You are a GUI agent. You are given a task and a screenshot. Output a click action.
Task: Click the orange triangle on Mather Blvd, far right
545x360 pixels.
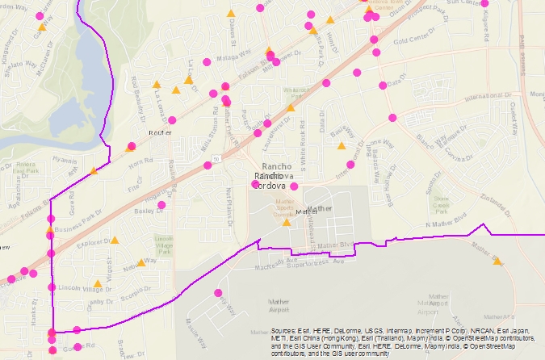coord(497,261)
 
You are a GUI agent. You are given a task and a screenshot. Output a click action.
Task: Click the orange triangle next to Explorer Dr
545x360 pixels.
coord(115,241)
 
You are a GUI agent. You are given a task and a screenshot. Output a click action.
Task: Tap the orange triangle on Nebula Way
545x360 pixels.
coord(140,262)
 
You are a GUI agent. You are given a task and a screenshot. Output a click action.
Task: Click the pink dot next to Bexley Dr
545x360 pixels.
coord(162,205)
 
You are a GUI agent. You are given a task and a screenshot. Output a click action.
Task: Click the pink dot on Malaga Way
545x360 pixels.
coord(207,61)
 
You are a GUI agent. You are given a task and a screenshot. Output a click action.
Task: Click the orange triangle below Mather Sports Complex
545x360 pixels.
coord(286,222)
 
